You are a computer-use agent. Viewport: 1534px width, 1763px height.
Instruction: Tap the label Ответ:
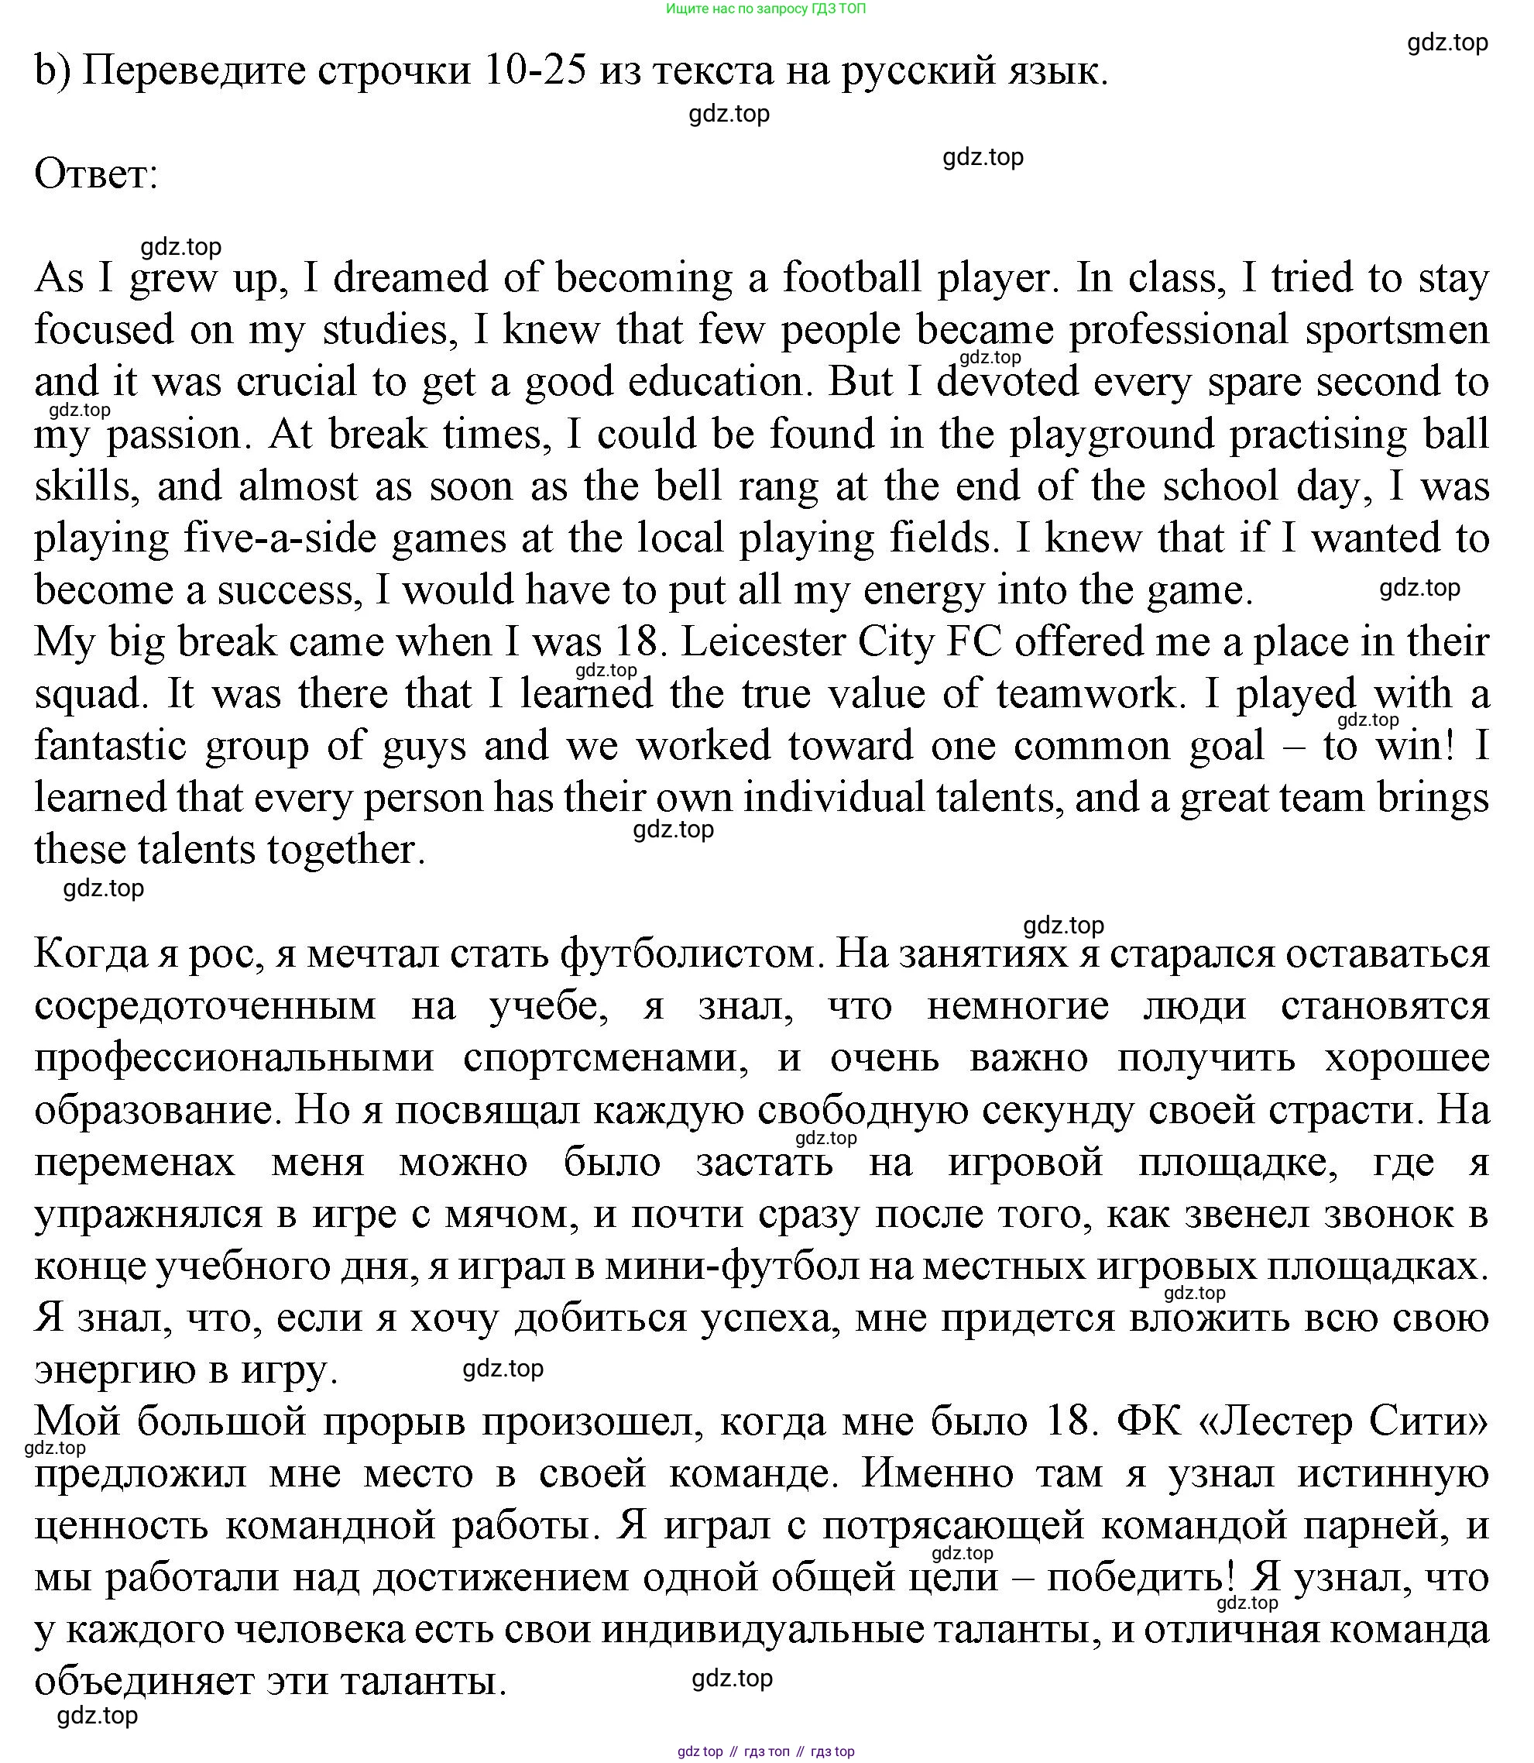(97, 174)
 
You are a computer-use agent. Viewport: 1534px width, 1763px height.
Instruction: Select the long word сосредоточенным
(205, 1006)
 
